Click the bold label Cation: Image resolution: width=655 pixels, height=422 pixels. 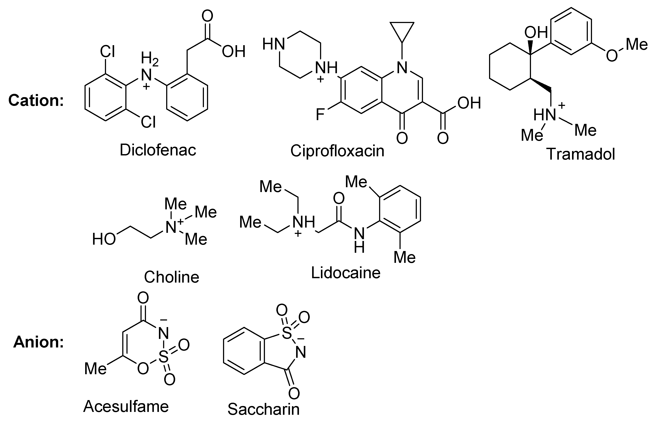pyautogui.click(x=36, y=100)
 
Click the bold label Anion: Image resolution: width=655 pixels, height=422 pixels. pyautogui.click(x=38, y=342)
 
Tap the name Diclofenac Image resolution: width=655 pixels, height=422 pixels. pyautogui.click(x=158, y=150)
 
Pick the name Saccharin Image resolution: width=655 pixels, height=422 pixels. pyautogui.click(x=263, y=409)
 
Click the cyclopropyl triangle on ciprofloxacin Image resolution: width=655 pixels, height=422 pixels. pyautogui.click(x=402, y=30)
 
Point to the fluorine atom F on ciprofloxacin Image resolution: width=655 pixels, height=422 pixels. pyautogui.click(x=320, y=114)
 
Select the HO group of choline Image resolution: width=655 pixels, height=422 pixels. pyautogui.click(x=104, y=239)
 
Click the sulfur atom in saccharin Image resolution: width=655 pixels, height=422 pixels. pyautogui.click(x=286, y=333)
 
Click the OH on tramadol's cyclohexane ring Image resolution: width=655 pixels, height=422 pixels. pyautogui.click(x=536, y=32)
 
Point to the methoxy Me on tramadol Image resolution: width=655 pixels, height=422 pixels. pyautogui.click(x=637, y=44)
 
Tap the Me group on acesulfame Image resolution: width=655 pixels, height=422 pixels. pyautogui.click(x=95, y=369)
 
